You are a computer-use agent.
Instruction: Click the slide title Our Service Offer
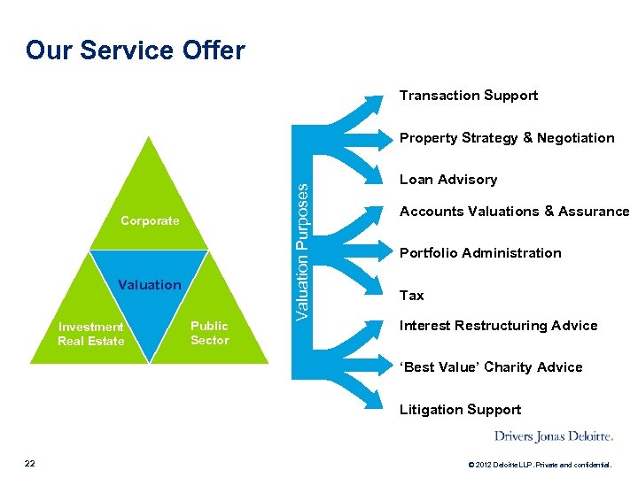(x=135, y=50)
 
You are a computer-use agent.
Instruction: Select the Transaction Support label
(x=468, y=96)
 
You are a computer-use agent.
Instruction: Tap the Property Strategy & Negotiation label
(x=506, y=138)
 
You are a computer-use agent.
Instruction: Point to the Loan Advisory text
(x=447, y=180)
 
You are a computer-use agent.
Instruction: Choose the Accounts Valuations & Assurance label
(x=514, y=212)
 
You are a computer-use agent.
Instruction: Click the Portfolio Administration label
(x=479, y=253)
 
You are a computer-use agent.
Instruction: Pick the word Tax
(x=411, y=296)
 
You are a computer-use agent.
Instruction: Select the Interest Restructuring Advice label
(x=498, y=326)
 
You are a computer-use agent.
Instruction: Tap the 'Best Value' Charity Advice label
(x=490, y=367)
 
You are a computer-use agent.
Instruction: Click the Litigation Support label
(x=460, y=410)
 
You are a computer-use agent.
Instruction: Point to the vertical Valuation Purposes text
(x=303, y=252)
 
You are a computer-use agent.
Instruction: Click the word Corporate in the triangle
(x=150, y=220)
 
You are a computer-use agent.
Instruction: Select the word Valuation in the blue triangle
(x=149, y=285)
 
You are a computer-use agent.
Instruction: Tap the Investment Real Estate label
(x=91, y=334)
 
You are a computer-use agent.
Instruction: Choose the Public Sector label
(x=209, y=333)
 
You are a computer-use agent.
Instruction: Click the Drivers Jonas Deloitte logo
(x=553, y=436)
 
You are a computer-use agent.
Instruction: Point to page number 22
(x=30, y=463)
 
